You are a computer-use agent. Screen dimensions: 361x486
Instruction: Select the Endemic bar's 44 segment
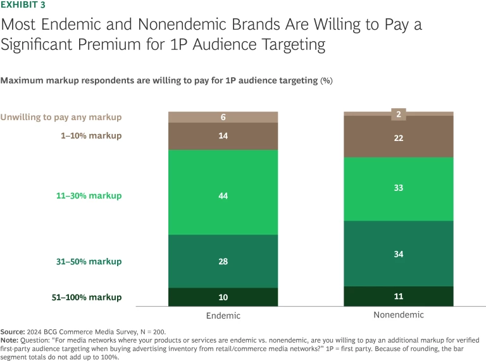click(x=223, y=196)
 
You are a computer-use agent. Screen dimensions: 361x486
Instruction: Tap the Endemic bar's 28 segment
click(x=223, y=262)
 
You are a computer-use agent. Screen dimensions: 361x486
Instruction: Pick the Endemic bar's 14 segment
click(x=223, y=136)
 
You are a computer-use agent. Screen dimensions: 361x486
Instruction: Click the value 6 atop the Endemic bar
click(x=223, y=118)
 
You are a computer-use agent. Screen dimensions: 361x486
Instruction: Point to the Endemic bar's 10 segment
click(x=223, y=297)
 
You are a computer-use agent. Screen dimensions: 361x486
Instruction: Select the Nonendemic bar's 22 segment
click(x=399, y=138)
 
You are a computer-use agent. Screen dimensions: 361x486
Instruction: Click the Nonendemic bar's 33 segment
click(x=399, y=188)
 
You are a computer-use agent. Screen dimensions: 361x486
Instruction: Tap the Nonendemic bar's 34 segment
click(x=399, y=254)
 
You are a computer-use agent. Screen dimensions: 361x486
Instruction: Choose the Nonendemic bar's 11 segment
click(x=399, y=296)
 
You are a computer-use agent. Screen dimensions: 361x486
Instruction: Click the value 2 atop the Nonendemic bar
click(x=399, y=114)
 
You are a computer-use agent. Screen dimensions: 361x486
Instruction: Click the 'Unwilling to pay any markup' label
click(x=61, y=117)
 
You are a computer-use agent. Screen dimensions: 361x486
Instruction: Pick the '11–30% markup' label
click(x=89, y=196)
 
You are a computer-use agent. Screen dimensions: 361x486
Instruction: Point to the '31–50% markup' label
click(x=89, y=262)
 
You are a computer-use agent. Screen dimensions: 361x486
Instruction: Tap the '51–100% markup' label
click(x=86, y=297)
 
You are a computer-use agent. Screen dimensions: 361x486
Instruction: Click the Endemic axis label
click(x=223, y=315)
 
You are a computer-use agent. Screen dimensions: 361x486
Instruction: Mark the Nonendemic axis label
click(x=399, y=314)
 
